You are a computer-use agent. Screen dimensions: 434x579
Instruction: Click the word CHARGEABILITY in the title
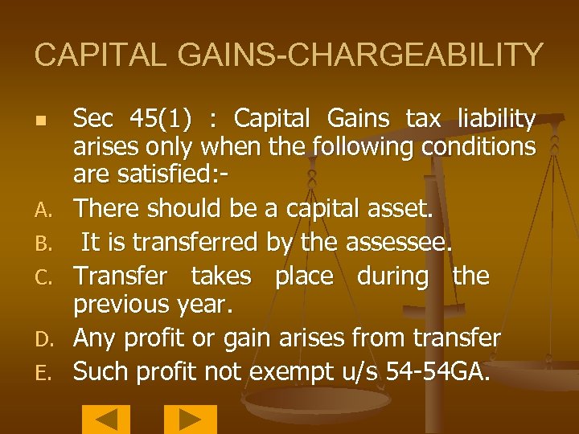pyautogui.click(x=411, y=55)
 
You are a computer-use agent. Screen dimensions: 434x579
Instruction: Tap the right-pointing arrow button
pyautogui.click(x=191, y=420)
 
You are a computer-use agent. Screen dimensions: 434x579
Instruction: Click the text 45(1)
pyautogui.click(x=165, y=120)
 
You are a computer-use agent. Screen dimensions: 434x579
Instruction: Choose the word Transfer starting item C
pyautogui.click(x=121, y=276)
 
